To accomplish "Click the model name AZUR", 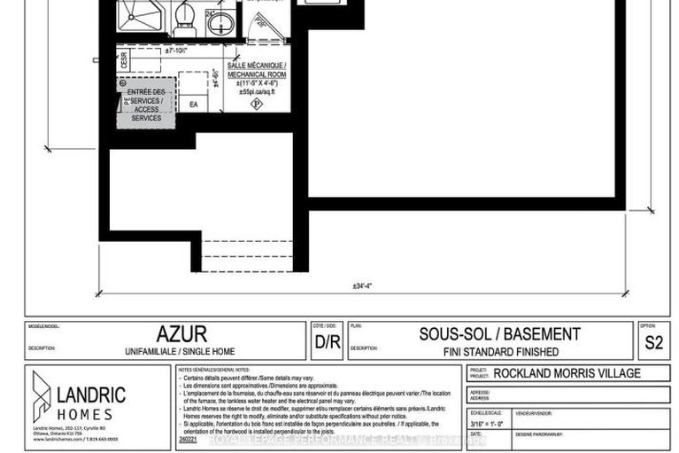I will pyautogui.click(x=181, y=334).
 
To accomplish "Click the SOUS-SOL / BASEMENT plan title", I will pyautogui.click(x=499, y=334).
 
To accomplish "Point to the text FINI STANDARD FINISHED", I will pyautogui.click(x=501, y=351).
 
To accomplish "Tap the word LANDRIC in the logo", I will pyautogui.click(x=91, y=393).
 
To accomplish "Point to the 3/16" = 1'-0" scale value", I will pyautogui.click(x=485, y=425).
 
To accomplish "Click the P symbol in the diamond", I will pyautogui.click(x=257, y=105).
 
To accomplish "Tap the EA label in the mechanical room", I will pyautogui.click(x=194, y=105).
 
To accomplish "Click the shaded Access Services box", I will pyautogui.click(x=146, y=105).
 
